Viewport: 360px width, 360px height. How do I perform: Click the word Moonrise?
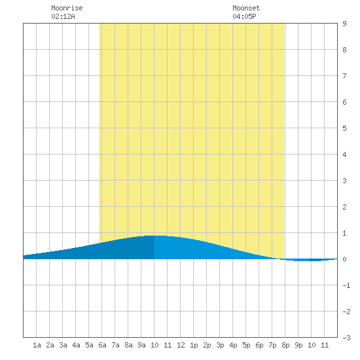[x=67, y=8]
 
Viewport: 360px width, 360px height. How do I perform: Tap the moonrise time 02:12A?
[x=63, y=16]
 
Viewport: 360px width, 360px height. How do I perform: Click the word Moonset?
[x=246, y=8]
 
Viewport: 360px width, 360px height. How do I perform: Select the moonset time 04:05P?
[x=244, y=16]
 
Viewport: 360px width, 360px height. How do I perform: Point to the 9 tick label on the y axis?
[x=344, y=24]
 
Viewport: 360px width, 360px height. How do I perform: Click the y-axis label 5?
[x=344, y=128]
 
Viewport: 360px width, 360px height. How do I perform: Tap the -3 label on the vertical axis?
[x=346, y=338]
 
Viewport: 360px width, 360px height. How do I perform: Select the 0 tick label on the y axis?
[x=344, y=259]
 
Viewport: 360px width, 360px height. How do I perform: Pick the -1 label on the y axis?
[x=346, y=285]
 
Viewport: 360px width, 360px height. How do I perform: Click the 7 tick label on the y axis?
[x=344, y=76]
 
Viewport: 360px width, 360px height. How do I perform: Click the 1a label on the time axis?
[x=37, y=345]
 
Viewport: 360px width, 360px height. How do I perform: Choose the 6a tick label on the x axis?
[x=102, y=345]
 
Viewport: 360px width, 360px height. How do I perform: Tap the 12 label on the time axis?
[x=181, y=345]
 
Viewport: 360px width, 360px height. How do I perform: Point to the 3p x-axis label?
[x=220, y=345]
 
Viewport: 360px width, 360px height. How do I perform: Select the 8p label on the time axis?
[x=285, y=345]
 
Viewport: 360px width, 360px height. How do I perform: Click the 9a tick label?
[x=141, y=345]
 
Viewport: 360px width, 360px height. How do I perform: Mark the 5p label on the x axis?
[x=246, y=345]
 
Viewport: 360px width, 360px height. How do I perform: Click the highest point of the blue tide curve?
[x=155, y=236]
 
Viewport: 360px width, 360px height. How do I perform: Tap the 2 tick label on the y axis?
[x=344, y=207]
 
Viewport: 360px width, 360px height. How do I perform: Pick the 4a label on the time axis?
[x=76, y=345]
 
